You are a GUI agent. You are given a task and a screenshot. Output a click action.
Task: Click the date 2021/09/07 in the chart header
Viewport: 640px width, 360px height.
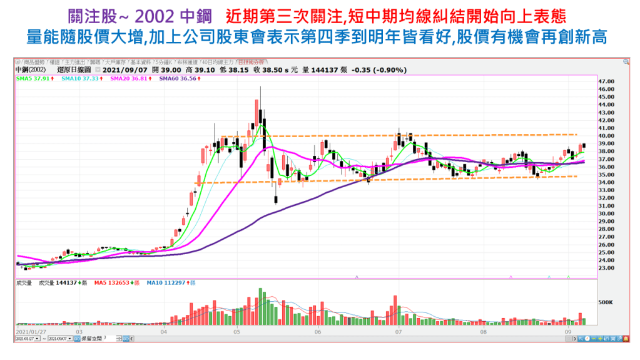[123, 69]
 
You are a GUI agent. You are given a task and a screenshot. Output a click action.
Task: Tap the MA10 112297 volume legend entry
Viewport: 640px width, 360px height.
[170, 283]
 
